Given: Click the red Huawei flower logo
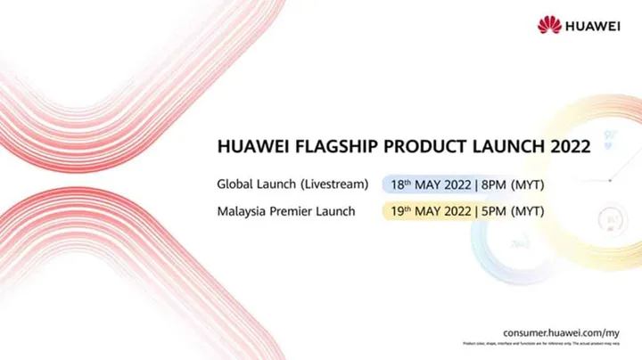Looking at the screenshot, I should pos(549,25).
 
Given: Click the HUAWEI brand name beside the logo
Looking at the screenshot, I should pos(594,26).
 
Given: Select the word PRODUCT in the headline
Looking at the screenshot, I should pos(418,148).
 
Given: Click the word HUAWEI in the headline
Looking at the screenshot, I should pos(249,148).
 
